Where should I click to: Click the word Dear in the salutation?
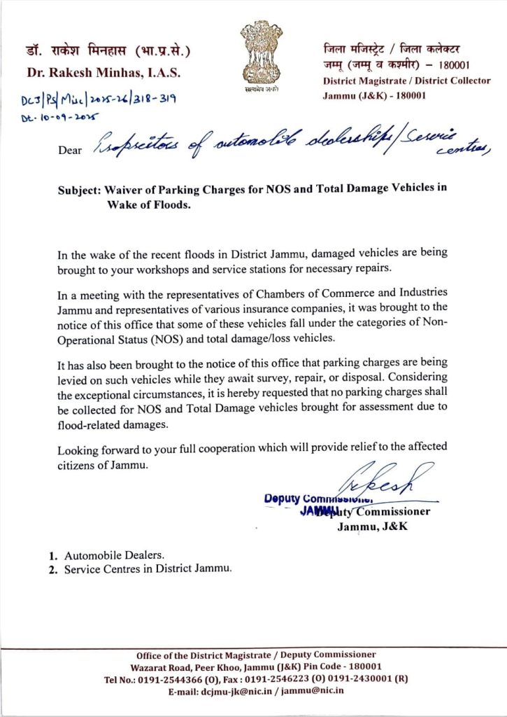(x=70, y=148)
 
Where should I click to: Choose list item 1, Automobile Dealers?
(x=114, y=555)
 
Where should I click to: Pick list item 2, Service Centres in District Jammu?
(x=147, y=569)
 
